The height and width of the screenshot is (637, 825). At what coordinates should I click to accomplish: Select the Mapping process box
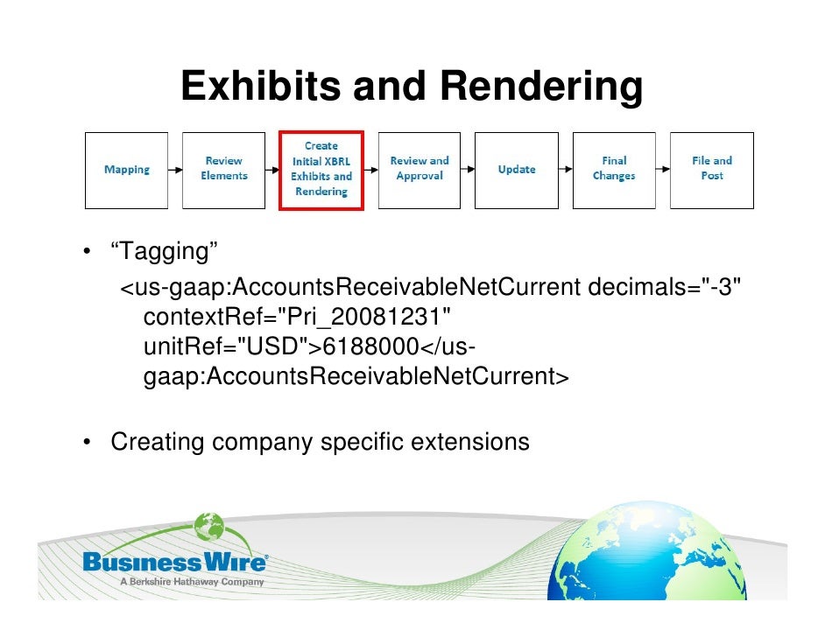point(127,170)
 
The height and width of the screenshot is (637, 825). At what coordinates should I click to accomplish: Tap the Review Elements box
point(224,170)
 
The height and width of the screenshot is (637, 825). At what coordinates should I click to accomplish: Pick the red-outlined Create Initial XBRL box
point(321,170)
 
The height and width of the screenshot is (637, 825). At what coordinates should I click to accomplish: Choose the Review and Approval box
point(420,170)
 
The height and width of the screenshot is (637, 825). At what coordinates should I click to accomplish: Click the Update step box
point(517,170)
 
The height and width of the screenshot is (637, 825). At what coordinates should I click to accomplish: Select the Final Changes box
point(614,170)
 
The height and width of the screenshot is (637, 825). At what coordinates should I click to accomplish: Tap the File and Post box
point(712,170)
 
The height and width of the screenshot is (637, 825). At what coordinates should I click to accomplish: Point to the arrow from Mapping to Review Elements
point(175,170)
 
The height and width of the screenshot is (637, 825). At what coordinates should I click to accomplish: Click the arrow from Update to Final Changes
point(565,170)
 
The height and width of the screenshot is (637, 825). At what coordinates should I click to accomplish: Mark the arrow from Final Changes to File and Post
point(663,170)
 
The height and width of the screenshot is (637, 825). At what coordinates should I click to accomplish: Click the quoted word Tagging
point(164,253)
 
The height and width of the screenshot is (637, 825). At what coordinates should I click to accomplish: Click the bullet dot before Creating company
point(88,443)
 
